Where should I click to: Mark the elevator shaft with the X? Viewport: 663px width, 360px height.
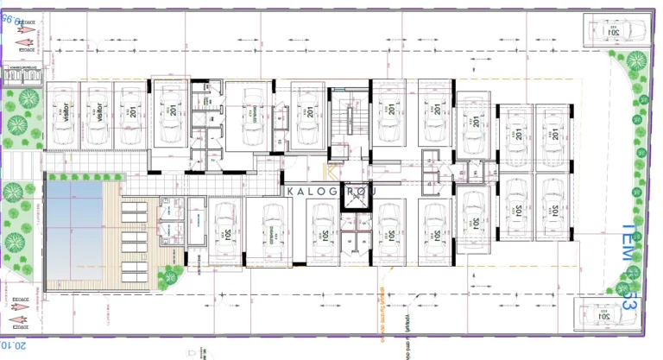click(354, 199)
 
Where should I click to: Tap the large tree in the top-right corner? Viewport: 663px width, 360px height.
click(635, 60)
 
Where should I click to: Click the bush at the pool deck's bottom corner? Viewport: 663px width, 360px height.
click(171, 276)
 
